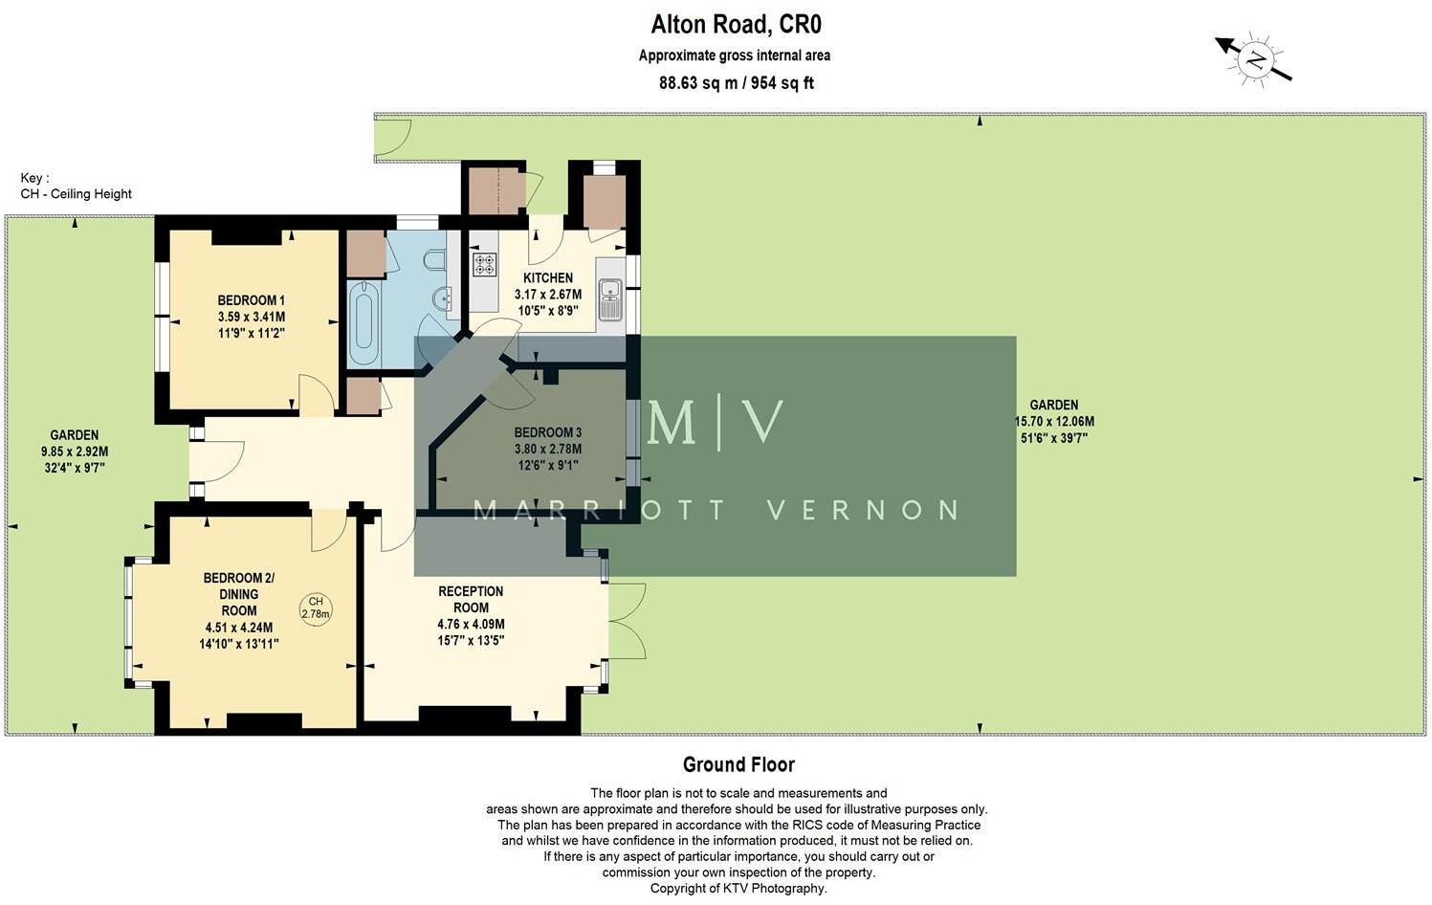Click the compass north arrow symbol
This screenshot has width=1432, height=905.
[1254, 60]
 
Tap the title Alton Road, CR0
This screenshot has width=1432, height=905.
[735, 23]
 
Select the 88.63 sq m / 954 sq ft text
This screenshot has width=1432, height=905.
[735, 83]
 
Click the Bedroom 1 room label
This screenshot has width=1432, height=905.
[251, 300]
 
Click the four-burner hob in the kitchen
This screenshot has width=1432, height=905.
[484, 264]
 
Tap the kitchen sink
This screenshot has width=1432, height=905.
[609, 298]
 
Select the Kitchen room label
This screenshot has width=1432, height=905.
[548, 277]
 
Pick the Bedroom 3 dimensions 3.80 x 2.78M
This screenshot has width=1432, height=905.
[547, 449]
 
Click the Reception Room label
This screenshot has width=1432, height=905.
[471, 599]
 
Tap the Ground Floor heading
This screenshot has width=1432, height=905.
[738, 764]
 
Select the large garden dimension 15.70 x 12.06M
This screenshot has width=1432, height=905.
[1053, 422]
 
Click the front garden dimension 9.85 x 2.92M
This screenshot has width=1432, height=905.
[75, 452]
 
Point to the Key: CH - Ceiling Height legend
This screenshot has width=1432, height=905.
[76, 186]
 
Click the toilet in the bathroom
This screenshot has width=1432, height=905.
[433, 260]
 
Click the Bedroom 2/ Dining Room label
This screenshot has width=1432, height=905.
[238, 593]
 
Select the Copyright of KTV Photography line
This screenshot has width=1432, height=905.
[738, 888]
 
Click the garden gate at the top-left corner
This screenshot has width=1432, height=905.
[392, 137]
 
